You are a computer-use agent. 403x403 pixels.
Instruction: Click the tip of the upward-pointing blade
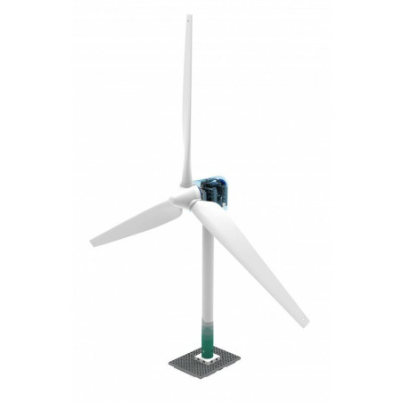point(188,17)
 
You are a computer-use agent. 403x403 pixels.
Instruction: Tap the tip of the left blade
point(93,243)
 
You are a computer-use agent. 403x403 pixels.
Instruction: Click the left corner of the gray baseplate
point(170,366)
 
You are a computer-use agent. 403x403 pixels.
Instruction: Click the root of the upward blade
point(187,174)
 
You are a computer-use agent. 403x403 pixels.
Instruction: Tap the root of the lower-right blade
point(203,211)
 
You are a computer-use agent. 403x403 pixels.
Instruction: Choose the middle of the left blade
point(136,224)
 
